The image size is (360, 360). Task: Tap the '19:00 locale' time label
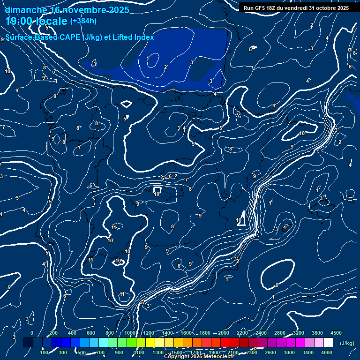[37, 21]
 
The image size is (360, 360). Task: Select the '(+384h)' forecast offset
[83, 21]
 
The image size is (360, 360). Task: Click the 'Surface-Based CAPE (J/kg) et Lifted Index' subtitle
[80, 37]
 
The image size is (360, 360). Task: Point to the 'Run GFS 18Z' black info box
[296, 7]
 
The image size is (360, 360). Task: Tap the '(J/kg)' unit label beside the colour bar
[347, 344]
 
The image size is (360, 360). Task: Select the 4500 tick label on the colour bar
[336, 333]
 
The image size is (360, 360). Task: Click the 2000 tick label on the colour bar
[223, 333]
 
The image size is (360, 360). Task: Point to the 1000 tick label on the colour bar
[129, 333]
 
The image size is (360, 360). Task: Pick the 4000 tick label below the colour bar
[327, 352]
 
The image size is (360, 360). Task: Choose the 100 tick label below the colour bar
[44, 352]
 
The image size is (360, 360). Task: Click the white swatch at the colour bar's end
[328, 343]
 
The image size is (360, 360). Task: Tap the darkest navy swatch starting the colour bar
[28, 343]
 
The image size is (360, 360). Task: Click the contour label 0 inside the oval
[277, 285]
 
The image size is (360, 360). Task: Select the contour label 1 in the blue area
[148, 58]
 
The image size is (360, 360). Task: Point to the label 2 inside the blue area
[165, 67]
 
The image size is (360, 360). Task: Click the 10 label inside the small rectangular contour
[157, 194]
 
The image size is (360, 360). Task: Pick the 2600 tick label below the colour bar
[270, 352]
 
